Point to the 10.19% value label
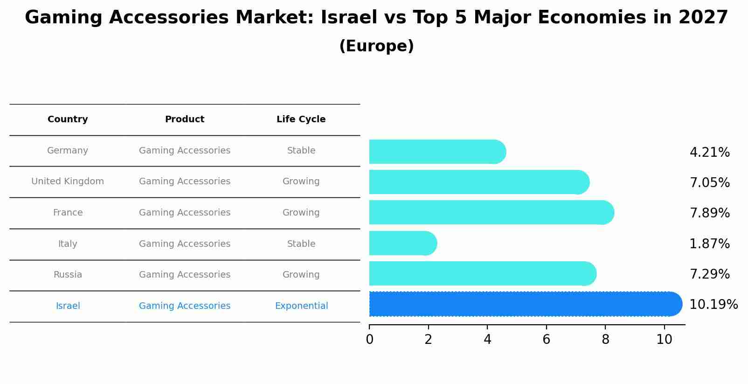coord(713,305)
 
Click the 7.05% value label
coord(709,183)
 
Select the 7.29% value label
coord(709,274)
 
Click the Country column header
coord(68,119)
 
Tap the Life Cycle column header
coord(301,119)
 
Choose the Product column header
coord(185,119)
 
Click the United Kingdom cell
coord(68,182)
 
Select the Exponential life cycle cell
coord(301,306)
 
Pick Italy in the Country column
coord(68,244)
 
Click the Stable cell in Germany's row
coord(301,151)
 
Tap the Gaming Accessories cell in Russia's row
coord(185,275)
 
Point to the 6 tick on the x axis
coord(546,340)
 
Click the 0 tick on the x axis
coord(369,340)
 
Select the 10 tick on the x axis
coord(664,340)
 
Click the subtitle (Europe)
coord(376,46)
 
